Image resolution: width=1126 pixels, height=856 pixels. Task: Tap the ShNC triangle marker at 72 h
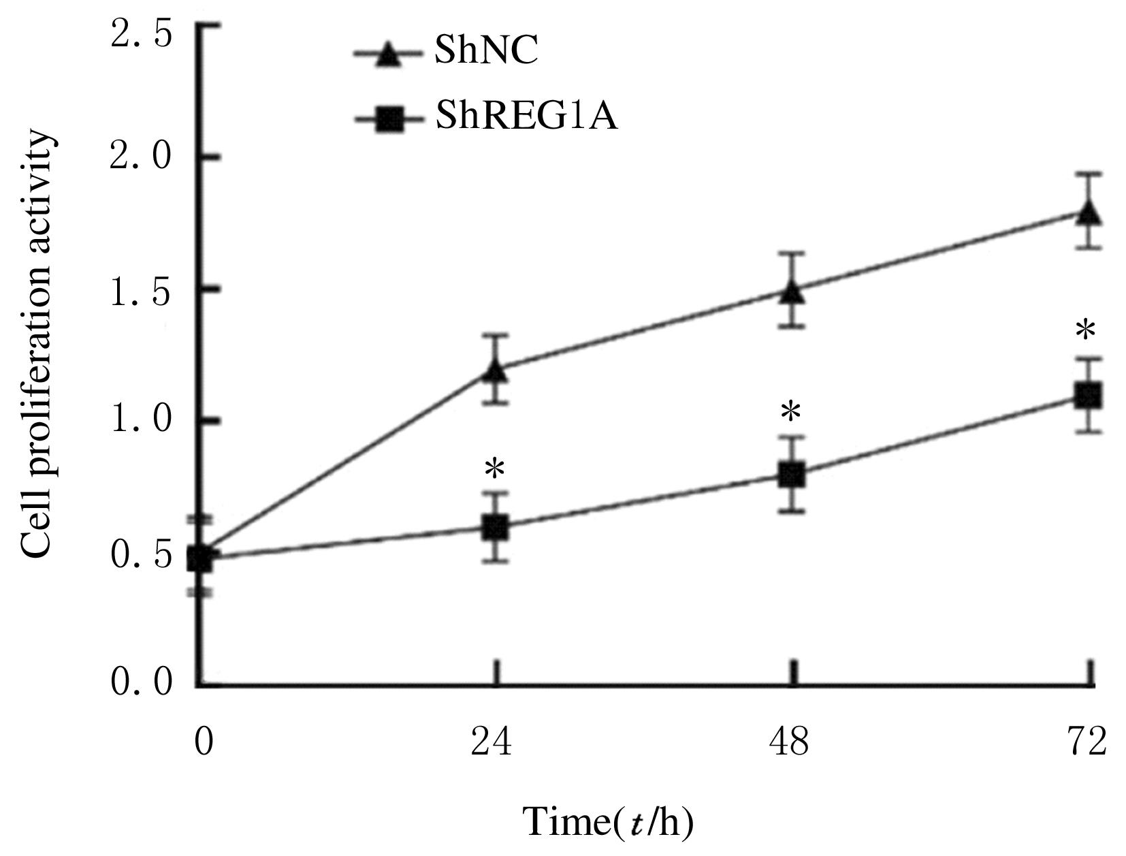click(1088, 212)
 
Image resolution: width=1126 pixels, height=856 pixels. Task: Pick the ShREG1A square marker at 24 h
click(496, 528)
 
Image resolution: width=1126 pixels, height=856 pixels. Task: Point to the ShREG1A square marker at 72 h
click(1088, 395)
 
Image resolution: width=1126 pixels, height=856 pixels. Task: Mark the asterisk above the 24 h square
click(496, 469)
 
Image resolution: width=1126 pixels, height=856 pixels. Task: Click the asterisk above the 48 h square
click(791, 413)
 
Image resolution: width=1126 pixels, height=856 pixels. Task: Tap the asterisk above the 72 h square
click(1086, 332)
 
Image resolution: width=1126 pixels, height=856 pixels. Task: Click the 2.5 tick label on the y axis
click(142, 34)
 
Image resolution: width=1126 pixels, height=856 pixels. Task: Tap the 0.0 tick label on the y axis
click(142, 682)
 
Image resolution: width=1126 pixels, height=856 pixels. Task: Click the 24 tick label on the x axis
click(492, 742)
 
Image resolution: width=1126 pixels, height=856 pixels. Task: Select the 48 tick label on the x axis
click(790, 742)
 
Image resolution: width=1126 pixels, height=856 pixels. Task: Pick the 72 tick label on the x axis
click(1087, 742)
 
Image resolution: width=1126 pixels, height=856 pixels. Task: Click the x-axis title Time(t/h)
click(607, 823)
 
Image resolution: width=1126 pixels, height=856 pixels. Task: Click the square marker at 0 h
click(200, 558)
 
